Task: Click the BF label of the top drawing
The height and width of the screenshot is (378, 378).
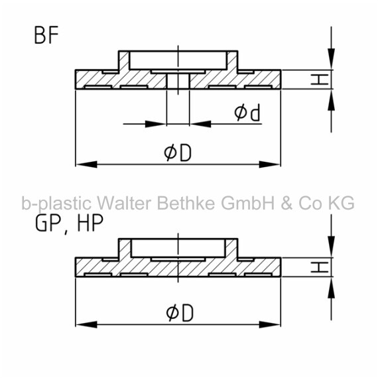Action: (46, 35)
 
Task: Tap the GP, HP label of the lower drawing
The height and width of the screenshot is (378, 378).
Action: (70, 223)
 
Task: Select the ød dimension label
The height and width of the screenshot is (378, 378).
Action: (247, 112)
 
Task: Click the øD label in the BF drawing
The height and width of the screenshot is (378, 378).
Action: (178, 153)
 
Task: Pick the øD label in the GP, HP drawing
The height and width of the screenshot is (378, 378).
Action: (180, 313)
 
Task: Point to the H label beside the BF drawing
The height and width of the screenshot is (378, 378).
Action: (320, 80)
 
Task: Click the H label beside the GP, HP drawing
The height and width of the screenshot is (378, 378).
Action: (320, 267)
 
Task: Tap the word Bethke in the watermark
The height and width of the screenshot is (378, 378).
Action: (186, 203)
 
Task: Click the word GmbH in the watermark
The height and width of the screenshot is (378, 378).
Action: (247, 203)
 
